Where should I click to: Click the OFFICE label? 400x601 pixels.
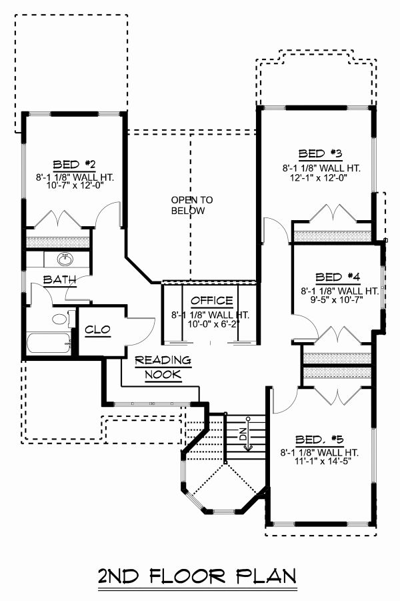coord(211,301)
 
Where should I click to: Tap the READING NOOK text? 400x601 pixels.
coord(163,368)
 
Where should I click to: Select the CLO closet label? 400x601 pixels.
coord(97,330)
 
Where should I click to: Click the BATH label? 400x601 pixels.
coord(59,279)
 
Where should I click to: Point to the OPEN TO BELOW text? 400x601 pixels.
coord(191,205)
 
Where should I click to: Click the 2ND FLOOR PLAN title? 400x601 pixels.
coord(197,576)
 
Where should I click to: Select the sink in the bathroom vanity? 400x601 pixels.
coord(65,259)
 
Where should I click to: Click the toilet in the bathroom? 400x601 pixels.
coord(60,319)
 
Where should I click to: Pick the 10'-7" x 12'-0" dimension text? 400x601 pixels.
coord(75,189)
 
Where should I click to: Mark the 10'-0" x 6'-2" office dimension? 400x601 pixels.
coord(211,324)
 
